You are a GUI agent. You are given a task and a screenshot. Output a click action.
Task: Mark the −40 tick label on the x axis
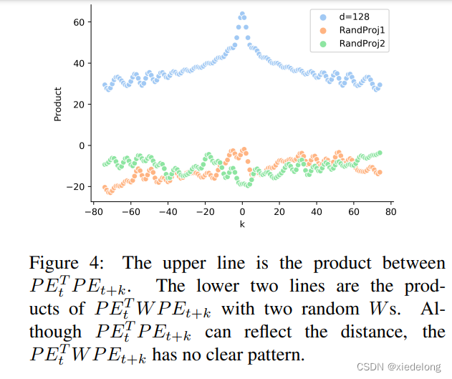pyautogui.click(x=168, y=213)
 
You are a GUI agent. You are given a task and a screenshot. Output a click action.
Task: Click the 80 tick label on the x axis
pyautogui.click(x=391, y=213)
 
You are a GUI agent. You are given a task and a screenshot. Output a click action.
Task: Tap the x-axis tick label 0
pyautogui.click(x=242, y=213)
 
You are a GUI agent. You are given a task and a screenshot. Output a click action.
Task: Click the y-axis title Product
pyautogui.click(x=59, y=105)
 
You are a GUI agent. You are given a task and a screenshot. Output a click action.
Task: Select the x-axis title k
pyautogui.click(x=242, y=225)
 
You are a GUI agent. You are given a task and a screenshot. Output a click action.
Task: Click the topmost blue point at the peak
pyautogui.click(x=242, y=14)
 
